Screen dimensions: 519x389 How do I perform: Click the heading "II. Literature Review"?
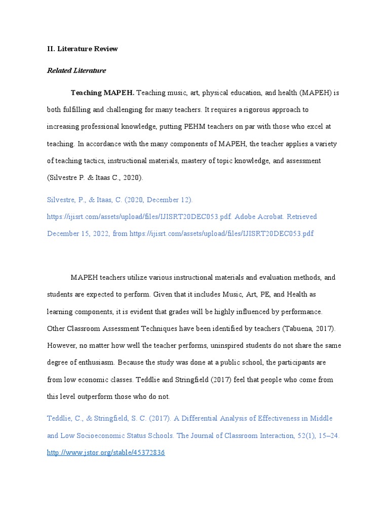click(x=82, y=49)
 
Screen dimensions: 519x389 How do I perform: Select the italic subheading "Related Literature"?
click(x=76, y=70)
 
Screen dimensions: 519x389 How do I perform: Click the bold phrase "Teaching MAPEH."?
click(x=102, y=93)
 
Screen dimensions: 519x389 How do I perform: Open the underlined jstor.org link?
click(x=106, y=453)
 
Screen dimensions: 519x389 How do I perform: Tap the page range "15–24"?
click(x=328, y=435)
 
